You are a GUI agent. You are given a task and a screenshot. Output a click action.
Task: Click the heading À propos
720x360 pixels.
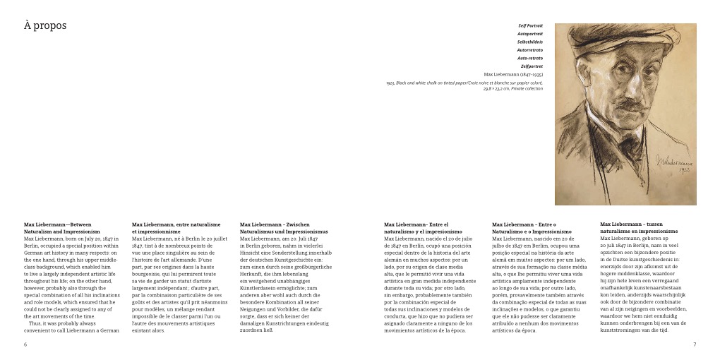pyautogui.click(x=45, y=26)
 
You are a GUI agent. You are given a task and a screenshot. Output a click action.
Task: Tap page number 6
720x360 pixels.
pyautogui.click(x=25, y=344)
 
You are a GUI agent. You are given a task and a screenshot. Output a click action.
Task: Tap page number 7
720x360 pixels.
pyautogui.click(x=695, y=344)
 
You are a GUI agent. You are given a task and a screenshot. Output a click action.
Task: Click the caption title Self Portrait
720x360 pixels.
pyautogui.click(x=530, y=25)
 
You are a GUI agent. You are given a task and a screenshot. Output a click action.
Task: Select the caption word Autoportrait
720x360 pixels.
pyautogui.click(x=529, y=34)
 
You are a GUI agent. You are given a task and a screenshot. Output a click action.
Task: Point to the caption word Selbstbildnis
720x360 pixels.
pyautogui.click(x=529, y=42)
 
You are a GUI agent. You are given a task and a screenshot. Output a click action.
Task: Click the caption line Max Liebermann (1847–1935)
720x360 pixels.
pyautogui.click(x=513, y=75)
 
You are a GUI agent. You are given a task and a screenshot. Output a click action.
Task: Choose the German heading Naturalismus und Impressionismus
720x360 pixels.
pyautogui.click(x=284, y=232)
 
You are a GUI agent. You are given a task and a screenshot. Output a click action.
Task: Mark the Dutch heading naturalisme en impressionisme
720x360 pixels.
pyautogui.click(x=639, y=232)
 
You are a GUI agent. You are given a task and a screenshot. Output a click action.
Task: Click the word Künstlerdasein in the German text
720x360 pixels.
pyautogui.click(x=260, y=288)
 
